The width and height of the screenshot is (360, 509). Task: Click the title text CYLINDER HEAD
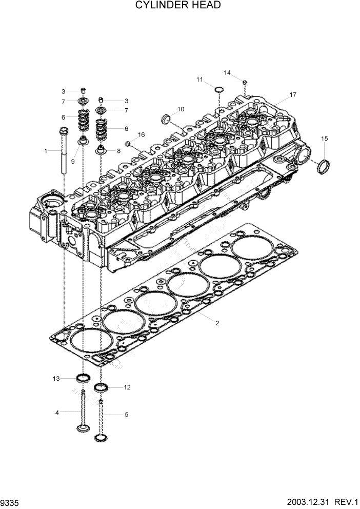pos(178,6)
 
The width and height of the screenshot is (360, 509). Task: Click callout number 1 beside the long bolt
pos(46,151)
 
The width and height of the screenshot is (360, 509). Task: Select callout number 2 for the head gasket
pos(217,323)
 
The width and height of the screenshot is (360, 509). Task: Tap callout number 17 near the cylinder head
pos(293,95)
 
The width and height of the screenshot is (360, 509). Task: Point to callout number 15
pos(324,139)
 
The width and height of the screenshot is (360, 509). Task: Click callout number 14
pos(227,72)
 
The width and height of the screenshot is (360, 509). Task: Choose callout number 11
pos(200,79)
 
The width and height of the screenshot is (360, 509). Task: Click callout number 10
pos(181,109)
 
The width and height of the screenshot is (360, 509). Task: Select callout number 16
pos(142,134)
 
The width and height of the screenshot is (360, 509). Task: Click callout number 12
pos(127,387)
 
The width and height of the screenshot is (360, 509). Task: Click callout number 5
pos(127,414)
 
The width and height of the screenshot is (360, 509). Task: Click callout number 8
pos(118,151)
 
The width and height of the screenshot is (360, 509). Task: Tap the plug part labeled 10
pos(166,120)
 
